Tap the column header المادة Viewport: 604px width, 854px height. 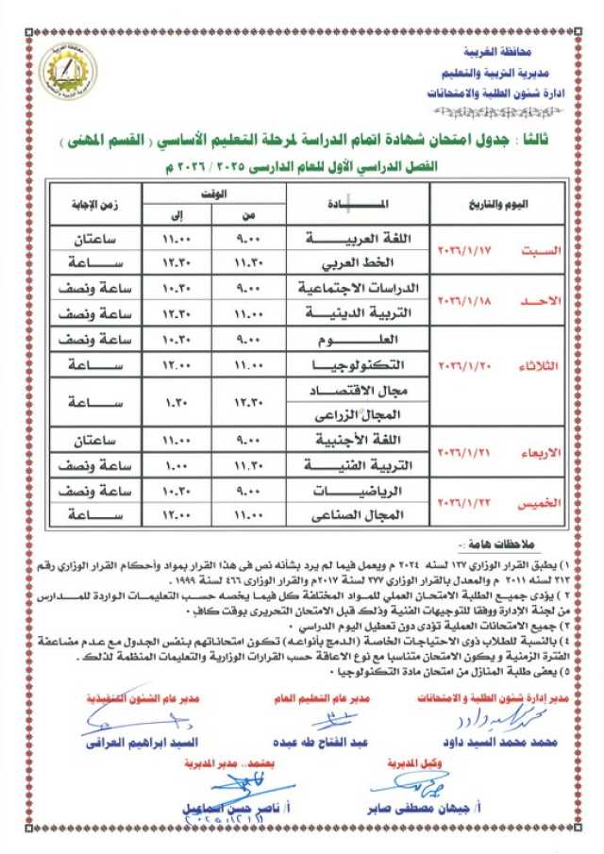click(358, 204)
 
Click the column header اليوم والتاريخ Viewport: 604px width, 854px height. click(498, 204)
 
